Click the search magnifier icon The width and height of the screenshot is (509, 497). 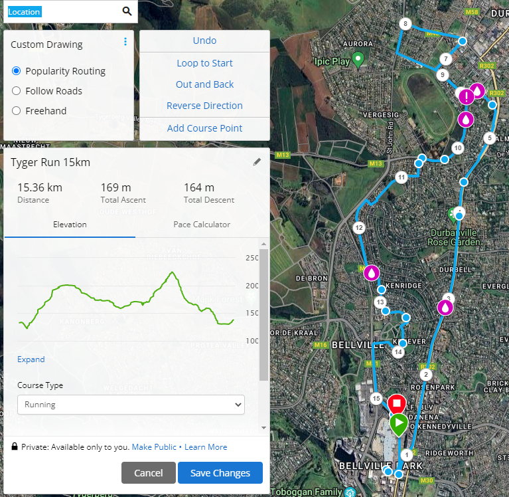127,11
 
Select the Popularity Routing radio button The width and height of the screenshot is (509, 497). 17,71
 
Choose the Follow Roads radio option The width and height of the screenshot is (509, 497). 17,91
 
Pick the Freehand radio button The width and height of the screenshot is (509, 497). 17,111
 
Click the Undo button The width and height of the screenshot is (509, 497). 204,41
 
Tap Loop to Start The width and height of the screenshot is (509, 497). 204,63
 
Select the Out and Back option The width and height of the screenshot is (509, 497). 204,84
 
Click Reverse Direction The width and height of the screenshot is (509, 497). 204,106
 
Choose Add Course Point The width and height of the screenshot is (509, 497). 204,128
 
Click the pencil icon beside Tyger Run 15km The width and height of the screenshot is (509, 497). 257,162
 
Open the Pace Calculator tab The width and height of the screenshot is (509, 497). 202,225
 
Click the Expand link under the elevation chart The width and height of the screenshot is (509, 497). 31,359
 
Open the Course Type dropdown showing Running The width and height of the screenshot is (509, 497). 131,405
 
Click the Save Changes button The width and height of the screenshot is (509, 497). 220,473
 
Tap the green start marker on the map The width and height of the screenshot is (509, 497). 398,423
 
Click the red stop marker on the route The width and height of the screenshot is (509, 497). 397,403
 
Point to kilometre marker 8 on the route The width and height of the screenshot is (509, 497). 405,24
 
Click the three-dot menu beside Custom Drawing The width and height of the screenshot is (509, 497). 125,42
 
